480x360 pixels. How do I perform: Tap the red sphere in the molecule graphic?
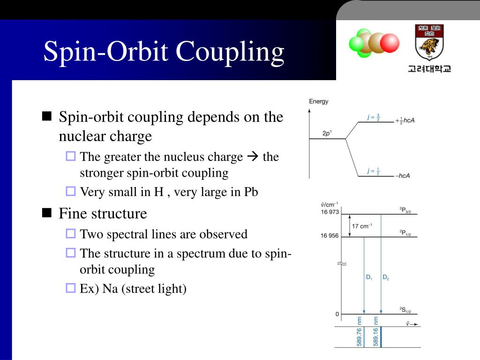click(389, 43)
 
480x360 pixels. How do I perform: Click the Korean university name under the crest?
click(429, 68)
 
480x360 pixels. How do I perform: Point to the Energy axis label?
click(319, 101)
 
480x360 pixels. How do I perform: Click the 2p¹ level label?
click(327, 133)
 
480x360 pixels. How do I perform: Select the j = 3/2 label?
click(374, 117)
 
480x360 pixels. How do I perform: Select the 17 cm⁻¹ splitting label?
click(362, 226)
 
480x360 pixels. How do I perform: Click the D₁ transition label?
click(369, 277)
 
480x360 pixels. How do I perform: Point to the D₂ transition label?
click(385, 277)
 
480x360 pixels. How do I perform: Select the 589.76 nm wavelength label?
click(359, 331)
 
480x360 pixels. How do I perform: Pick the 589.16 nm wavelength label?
click(375, 331)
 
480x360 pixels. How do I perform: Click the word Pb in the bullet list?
click(251, 192)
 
